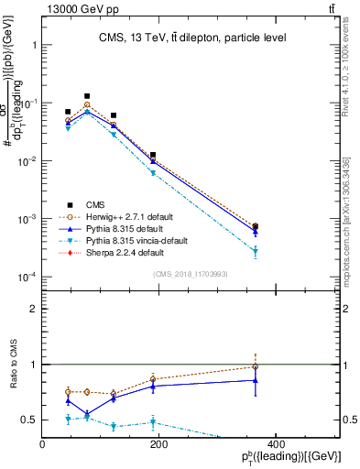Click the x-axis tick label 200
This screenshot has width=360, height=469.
point(159,444)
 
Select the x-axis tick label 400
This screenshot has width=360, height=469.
point(276,444)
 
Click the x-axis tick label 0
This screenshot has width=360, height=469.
point(43,444)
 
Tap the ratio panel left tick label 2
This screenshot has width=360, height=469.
point(33,309)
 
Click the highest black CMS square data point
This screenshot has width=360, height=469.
point(86,96)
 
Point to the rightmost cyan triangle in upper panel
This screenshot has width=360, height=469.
point(256,251)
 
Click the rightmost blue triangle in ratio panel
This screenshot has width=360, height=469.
point(256,380)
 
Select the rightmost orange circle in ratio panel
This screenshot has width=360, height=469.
point(256,366)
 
